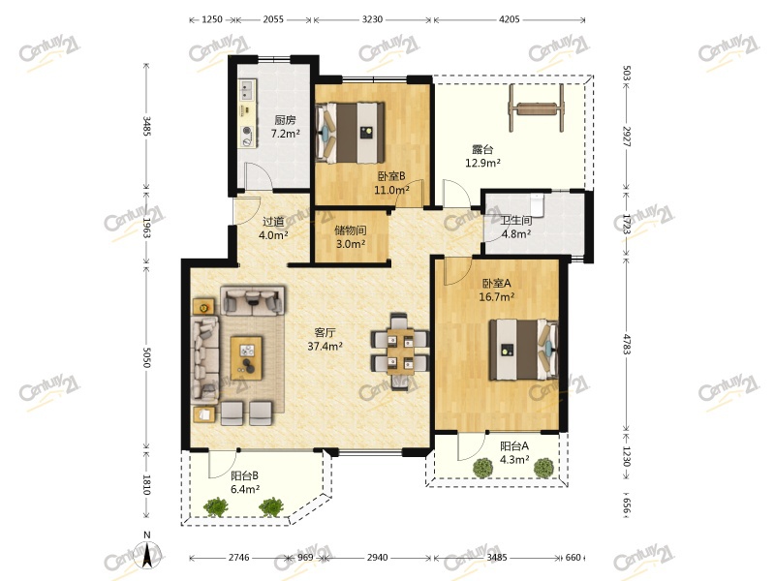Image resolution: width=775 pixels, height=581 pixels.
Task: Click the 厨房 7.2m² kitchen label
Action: coord(286,127)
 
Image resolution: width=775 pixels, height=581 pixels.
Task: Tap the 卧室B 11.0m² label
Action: coord(391,183)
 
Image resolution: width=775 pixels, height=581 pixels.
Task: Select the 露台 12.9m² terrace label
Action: coord(482,156)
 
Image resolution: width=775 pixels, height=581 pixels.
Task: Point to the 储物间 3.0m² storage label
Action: coord(351,236)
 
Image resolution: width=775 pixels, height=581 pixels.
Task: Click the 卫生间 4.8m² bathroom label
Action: coord(516,228)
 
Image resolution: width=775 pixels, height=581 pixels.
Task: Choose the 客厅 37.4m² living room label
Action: coord(325,340)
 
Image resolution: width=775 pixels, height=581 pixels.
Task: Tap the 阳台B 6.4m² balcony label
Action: coord(245,482)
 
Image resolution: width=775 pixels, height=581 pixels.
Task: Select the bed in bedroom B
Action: coord(350,133)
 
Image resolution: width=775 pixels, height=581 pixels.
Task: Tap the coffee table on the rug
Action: coord(247,358)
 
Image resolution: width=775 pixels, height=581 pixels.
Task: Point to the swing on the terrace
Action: coord(537,107)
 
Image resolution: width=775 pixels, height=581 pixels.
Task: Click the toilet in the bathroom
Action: coord(537,204)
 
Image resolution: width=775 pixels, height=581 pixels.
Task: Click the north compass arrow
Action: coord(146,555)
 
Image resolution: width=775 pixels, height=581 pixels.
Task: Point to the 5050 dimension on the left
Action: coord(146,356)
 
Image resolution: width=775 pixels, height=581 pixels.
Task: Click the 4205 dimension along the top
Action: coord(510,19)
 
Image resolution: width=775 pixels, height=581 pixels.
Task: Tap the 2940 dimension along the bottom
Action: coord(377,558)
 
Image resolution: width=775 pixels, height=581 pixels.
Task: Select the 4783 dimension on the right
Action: coord(626,345)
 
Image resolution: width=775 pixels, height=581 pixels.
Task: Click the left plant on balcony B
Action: coord(216,506)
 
